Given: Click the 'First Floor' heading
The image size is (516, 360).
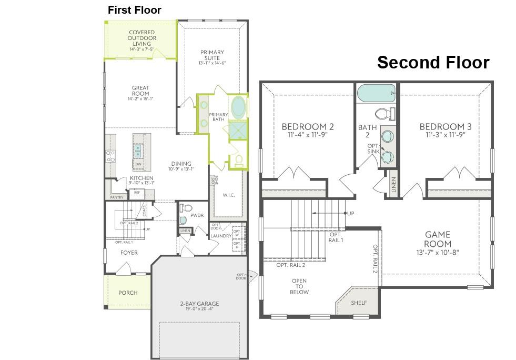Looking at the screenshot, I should click(x=134, y=10).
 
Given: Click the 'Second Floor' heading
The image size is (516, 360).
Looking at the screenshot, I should click(x=433, y=62).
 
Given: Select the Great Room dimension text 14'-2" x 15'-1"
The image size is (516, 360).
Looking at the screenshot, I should click(x=140, y=99).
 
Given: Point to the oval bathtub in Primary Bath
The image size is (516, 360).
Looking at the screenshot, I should click(x=238, y=107).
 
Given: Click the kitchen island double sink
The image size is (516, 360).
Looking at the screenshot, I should click(x=139, y=152).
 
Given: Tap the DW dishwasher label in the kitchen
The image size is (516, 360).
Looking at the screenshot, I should click(x=138, y=164).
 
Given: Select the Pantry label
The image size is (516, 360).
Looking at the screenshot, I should click(x=117, y=197).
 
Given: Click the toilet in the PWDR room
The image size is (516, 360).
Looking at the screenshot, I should click(x=183, y=220).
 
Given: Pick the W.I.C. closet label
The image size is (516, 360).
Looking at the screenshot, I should click(x=228, y=195).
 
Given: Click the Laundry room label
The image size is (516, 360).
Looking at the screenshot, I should click(x=220, y=236).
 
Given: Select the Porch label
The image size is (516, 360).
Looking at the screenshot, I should click(x=128, y=293).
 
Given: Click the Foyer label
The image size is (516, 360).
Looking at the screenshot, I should click(x=129, y=253).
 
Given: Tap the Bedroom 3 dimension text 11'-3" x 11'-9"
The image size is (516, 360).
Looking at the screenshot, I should click(x=446, y=134).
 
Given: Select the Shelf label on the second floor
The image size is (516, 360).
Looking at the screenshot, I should click(x=359, y=303).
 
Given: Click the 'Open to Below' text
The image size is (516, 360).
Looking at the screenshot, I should click(x=300, y=286).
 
